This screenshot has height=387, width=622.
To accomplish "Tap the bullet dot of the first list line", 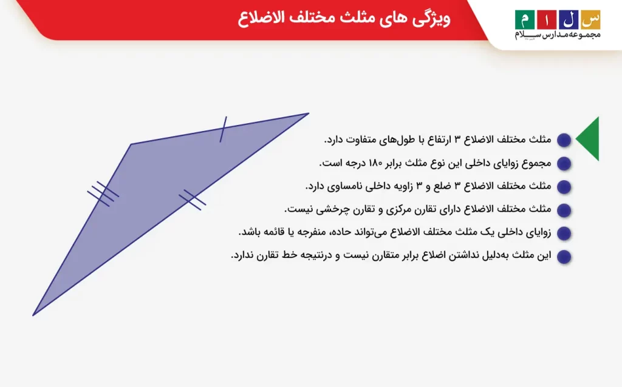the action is pyautogui.click(x=564, y=140).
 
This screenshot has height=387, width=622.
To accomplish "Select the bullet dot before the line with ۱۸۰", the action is pyautogui.click(x=564, y=163).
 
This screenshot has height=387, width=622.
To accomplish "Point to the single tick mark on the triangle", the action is pyautogui.click(x=224, y=129).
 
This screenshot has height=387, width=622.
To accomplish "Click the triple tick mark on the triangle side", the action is pyautogui.click(x=103, y=194).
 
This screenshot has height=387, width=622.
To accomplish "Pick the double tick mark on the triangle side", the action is pyautogui.click(x=193, y=200).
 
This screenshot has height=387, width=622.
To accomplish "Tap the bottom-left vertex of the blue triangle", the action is pyautogui.click(x=33, y=315).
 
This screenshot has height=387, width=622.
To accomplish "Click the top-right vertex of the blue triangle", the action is pyautogui.click(x=309, y=113).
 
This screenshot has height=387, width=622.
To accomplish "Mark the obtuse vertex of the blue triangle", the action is pyautogui.click(x=131, y=144).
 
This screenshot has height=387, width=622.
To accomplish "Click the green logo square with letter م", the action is pyautogui.click(x=525, y=20).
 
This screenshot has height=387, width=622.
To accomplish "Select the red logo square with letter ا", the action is pyautogui.click(x=547, y=20).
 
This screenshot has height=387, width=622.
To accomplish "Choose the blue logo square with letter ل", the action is pyautogui.click(x=569, y=20).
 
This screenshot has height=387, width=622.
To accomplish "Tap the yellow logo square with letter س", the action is pyautogui.click(x=590, y=20).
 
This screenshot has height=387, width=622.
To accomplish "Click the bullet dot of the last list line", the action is pyautogui.click(x=564, y=257).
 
